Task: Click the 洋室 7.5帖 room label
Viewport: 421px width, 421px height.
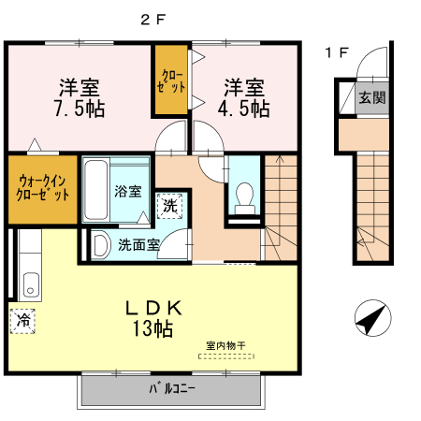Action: (x=80, y=97)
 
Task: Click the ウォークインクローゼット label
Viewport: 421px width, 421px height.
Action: (x=42, y=188)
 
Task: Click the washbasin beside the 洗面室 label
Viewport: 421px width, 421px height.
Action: (x=97, y=246)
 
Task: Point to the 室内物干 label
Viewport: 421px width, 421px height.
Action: (x=225, y=346)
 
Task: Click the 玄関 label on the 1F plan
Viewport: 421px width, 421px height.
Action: (x=371, y=97)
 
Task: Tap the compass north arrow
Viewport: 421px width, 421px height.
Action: (x=371, y=319)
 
